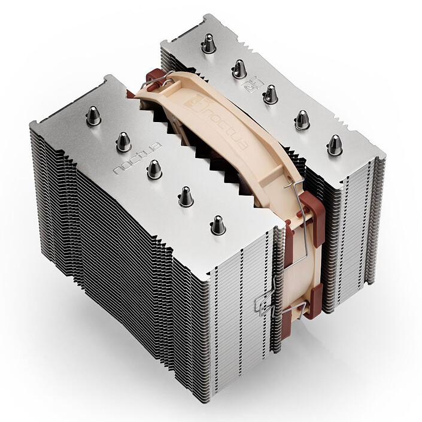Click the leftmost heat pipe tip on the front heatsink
93,115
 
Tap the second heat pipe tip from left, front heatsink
123,142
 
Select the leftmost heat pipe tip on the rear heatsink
208,42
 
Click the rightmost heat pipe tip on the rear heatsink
334,144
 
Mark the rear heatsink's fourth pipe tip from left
302,119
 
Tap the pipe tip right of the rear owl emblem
270,93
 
